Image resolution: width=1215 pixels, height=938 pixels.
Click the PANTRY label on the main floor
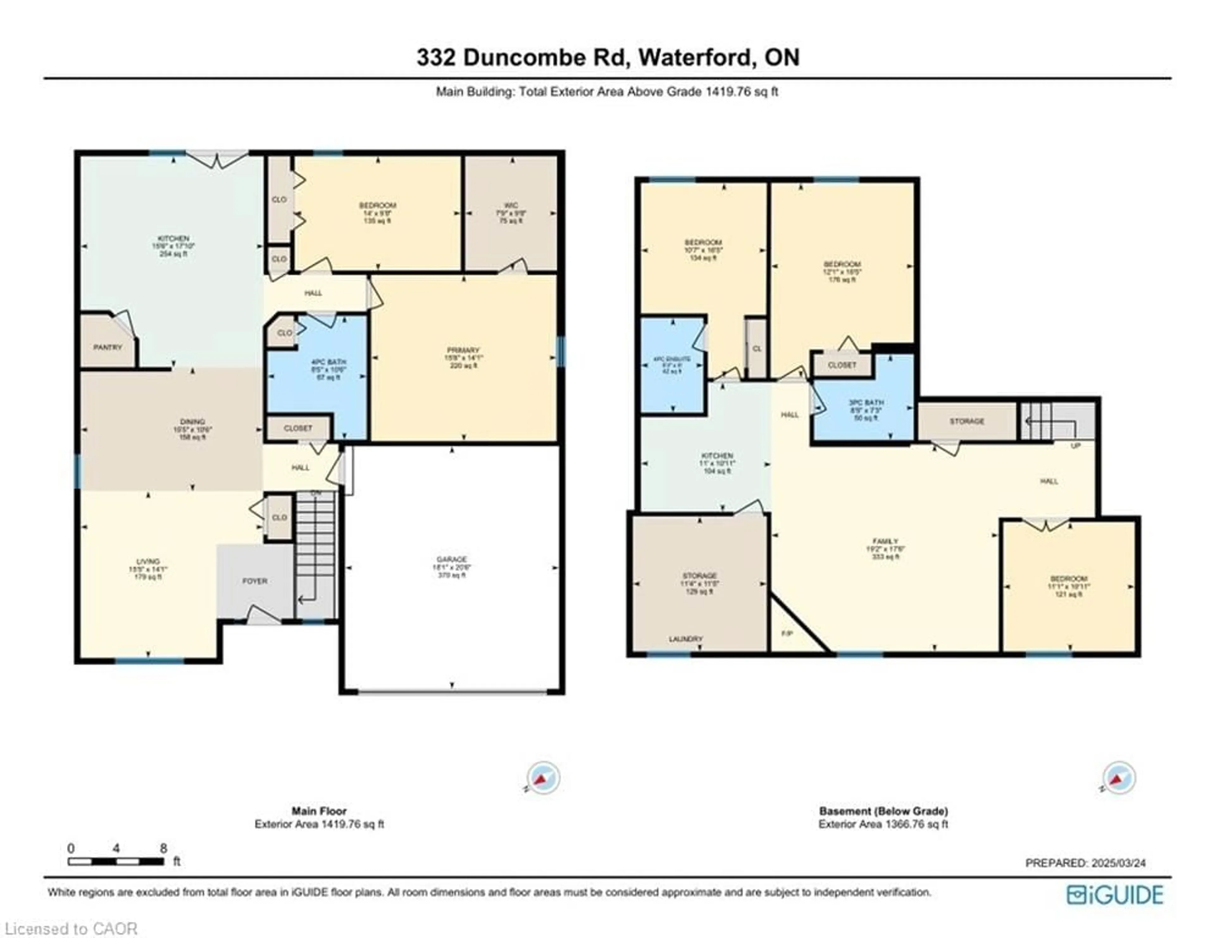click(x=107, y=347)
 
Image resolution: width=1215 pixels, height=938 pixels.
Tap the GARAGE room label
click(x=452, y=559)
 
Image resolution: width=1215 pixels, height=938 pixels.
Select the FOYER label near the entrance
click(x=255, y=581)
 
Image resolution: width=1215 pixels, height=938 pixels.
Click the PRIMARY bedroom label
click(x=463, y=350)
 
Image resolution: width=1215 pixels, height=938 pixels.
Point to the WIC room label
click(x=511, y=205)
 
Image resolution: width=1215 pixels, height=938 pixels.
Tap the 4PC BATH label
click(x=328, y=362)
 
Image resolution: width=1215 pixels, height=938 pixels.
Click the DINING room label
click(x=192, y=421)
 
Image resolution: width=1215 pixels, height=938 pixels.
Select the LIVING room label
click(x=148, y=561)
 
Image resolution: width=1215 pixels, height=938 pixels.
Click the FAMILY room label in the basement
click(x=885, y=541)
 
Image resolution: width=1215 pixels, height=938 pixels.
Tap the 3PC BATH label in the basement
click(x=867, y=402)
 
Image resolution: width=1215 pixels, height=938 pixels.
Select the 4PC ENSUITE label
click(x=672, y=360)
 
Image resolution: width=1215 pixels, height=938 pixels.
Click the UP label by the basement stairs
click(x=1075, y=446)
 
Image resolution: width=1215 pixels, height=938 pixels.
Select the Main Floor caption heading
click(x=319, y=811)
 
